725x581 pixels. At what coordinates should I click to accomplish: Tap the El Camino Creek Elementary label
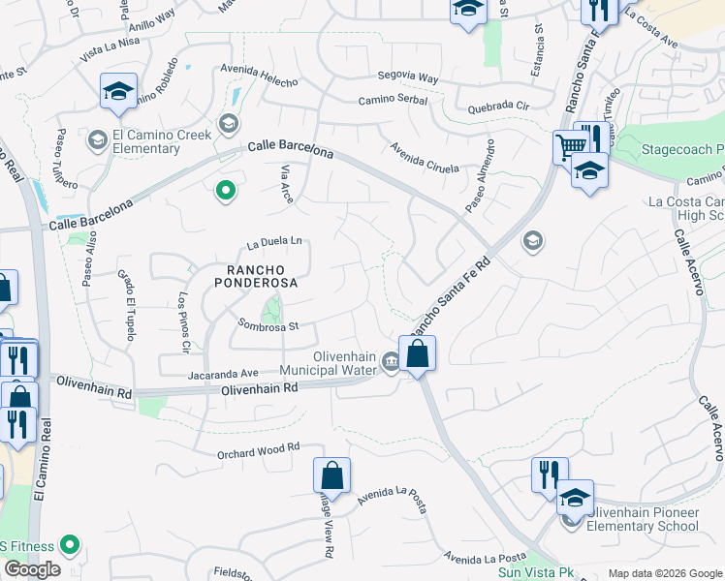point(162,142)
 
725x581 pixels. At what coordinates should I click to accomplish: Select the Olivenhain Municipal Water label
point(329,362)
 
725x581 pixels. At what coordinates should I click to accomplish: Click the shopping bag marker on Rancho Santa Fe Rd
point(417,352)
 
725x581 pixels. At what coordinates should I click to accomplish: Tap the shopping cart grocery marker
point(570,147)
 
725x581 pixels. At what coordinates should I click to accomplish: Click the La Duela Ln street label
point(274,241)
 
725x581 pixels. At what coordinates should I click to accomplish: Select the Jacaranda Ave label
point(223,372)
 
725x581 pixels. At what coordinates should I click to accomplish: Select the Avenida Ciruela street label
point(424,156)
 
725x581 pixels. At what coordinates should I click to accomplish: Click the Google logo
point(32,569)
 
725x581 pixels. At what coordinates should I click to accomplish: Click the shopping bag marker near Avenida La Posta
point(331,475)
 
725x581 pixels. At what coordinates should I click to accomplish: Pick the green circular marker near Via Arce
point(226,191)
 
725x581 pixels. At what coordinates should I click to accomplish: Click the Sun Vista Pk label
point(530,572)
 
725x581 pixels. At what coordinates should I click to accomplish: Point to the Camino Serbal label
point(392,100)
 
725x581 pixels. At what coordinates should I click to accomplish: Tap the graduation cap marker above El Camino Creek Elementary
point(118,92)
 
